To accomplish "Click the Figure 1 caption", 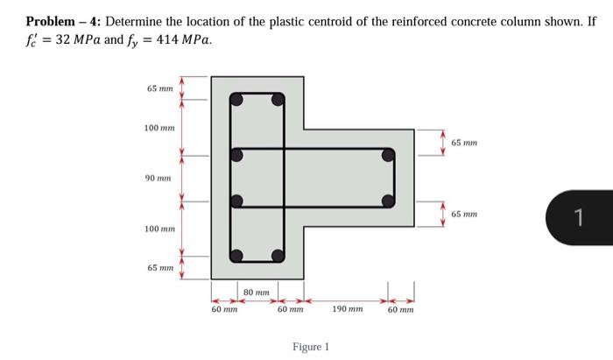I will [311, 347].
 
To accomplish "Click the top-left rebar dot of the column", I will [236, 100].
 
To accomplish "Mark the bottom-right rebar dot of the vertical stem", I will [278, 256].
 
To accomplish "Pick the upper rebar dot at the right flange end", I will [387, 156].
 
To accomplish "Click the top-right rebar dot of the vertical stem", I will [278, 100].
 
